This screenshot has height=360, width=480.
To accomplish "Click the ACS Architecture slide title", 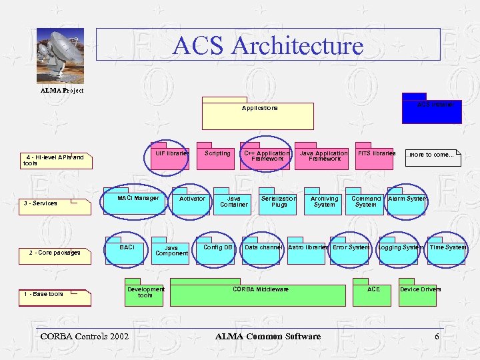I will [x=268, y=45].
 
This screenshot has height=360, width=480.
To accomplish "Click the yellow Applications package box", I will [x=258, y=115].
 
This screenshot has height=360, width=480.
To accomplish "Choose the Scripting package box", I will [x=217, y=157].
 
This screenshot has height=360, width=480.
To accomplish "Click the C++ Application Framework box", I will [x=266, y=157].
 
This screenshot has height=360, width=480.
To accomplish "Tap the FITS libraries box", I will [x=377, y=157].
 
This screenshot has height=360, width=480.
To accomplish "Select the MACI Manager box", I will [x=138, y=202].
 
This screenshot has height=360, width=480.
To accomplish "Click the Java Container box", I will [x=234, y=203].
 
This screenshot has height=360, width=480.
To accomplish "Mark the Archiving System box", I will [x=324, y=203].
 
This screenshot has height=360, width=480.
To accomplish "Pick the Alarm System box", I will [x=407, y=202].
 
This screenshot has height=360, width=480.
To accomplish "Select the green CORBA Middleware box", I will [x=260, y=294].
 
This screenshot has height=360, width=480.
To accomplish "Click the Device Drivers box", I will [x=419, y=294].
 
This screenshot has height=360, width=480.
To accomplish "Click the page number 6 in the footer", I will [x=437, y=336].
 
